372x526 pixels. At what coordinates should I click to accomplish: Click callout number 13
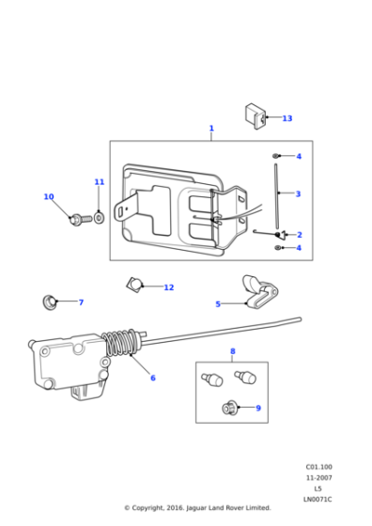[287, 118]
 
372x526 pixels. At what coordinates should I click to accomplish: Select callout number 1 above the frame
[211, 129]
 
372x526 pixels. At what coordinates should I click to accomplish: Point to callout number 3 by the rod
[298, 194]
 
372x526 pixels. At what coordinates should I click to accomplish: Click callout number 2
[299, 235]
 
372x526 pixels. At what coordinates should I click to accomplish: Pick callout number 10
[49, 197]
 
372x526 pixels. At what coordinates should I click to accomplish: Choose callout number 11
[100, 182]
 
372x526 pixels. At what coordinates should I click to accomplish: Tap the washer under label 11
[100, 219]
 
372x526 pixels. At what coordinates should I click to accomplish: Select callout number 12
[169, 287]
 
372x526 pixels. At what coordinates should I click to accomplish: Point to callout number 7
[81, 302]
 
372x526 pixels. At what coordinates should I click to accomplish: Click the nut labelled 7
[49, 302]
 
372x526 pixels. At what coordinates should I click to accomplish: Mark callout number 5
[218, 304]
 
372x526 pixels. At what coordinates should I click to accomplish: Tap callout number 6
[153, 379]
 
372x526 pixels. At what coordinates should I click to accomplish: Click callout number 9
[258, 409]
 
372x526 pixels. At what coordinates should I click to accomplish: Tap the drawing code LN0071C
[318, 500]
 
